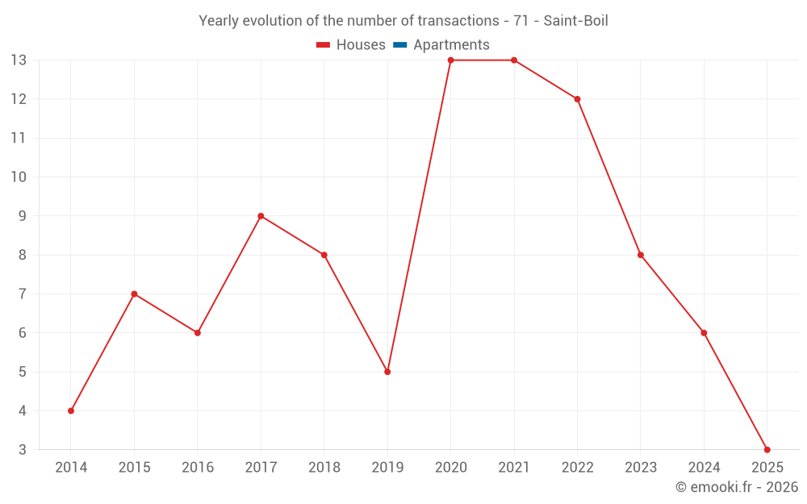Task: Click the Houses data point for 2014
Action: click(71, 410)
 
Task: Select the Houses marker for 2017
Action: click(261, 216)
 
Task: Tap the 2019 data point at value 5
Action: click(387, 372)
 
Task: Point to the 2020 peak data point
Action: click(450, 60)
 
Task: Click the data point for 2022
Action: click(577, 99)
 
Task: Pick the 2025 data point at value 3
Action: click(767, 449)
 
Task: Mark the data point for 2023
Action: click(641, 255)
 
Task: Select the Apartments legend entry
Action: click(451, 45)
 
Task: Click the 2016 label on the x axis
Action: click(198, 468)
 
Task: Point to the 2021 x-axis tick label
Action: click(514, 468)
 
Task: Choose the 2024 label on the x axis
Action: click(704, 468)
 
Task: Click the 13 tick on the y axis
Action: click(19, 60)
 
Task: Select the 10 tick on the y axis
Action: click(19, 177)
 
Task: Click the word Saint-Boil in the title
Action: click(575, 21)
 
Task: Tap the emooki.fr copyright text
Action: click(737, 487)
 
